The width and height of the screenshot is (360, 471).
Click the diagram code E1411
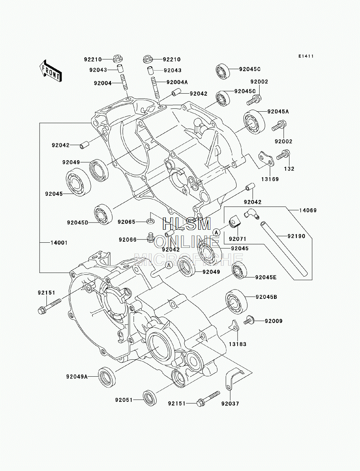(306, 56)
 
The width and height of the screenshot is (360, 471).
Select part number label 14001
(59, 243)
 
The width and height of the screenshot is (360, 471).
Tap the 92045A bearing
(254, 121)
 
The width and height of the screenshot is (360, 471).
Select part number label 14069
(308, 210)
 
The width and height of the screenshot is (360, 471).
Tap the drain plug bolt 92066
(150, 237)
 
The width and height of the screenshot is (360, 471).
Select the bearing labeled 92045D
(104, 215)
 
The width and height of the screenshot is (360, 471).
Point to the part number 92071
(237, 239)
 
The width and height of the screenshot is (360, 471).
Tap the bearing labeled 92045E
(239, 270)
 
